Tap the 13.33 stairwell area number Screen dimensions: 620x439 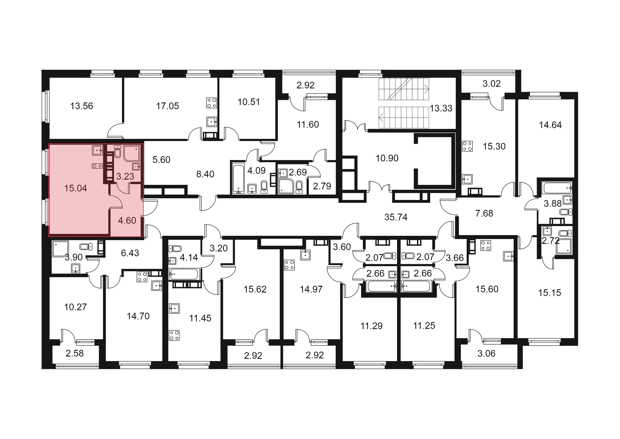click(441, 108)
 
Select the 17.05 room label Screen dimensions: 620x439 click(167, 106)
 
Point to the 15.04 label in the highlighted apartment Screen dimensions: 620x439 click(76, 188)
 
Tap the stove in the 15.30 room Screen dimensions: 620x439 click(467, 146)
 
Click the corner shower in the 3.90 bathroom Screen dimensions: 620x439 click(60, 249)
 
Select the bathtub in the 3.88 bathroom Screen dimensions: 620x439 click(557, 188)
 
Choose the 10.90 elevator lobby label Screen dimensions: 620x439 click(387, 158)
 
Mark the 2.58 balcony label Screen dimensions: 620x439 click(75, 353)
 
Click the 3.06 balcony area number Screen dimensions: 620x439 click(486, 354)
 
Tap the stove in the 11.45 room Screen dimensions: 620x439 click(174, 335)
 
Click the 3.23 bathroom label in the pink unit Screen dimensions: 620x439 click(125, 177)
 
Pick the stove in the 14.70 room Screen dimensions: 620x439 click(142, 277)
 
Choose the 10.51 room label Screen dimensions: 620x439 click(249, 102)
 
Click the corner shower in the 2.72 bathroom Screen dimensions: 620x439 click(564, 246)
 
